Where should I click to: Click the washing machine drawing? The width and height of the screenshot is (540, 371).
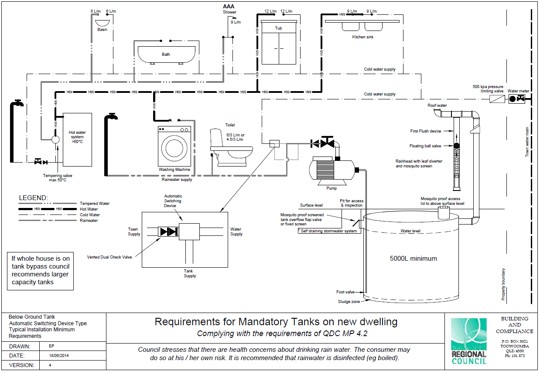pos(174,146)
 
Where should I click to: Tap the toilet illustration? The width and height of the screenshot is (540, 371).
pos(231,147)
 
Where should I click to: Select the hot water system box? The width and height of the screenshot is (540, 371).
pos(77,140)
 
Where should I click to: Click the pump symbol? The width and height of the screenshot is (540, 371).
pos(332,170)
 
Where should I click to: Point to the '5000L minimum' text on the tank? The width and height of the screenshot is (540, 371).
pos(413,259)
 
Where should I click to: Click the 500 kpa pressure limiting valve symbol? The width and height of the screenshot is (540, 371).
pos(497,99)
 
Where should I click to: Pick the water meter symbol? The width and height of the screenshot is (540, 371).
pos(516,99)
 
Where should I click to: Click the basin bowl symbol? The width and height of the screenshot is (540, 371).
pos(102,23)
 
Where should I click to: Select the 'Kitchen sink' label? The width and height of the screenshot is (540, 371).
pos(362,37)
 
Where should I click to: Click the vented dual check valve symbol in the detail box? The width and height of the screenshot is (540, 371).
pos(168,231)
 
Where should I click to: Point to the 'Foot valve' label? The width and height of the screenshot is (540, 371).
pos(345,292)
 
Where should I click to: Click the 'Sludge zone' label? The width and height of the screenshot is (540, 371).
pos(349,302)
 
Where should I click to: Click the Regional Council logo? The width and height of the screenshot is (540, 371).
pos(469,341)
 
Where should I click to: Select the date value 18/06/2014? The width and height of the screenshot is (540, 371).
pos(59,356)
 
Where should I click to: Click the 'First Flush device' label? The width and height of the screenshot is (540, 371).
pos(425,131)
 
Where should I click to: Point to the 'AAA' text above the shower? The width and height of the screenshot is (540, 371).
pos(229,7)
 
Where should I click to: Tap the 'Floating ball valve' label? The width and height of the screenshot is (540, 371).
pos(425,146)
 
